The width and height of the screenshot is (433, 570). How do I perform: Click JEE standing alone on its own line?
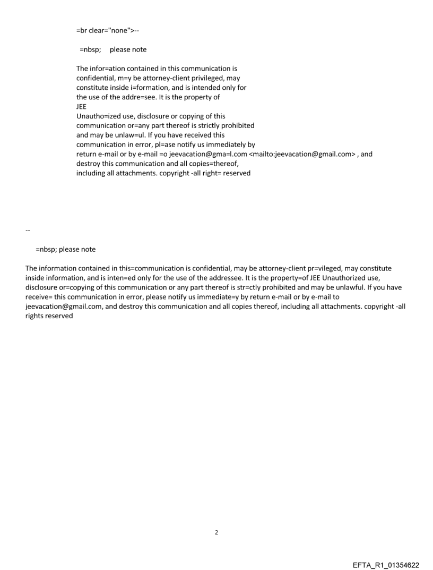point(82,106)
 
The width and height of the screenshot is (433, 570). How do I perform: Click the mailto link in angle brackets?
point(302,154)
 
